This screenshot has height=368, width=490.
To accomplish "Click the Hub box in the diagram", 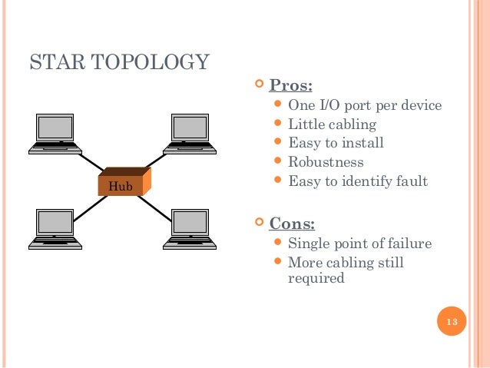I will (123, 184).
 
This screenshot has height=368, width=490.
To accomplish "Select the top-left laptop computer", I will (56, 132).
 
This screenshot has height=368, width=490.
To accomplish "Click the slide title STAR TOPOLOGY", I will (119, 61).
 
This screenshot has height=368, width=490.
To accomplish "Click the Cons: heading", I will (292, 224).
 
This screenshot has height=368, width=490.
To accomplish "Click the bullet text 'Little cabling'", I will (332, 124).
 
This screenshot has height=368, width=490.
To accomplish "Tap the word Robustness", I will (326, 162).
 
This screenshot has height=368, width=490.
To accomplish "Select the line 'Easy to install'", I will (336, 143).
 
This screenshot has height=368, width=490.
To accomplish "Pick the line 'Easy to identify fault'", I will (357, 181).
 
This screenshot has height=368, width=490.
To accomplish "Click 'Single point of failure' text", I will (359, 244).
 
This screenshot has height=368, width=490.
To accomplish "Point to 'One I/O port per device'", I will (365, 105).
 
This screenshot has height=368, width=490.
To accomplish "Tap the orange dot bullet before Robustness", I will (279, 162).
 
